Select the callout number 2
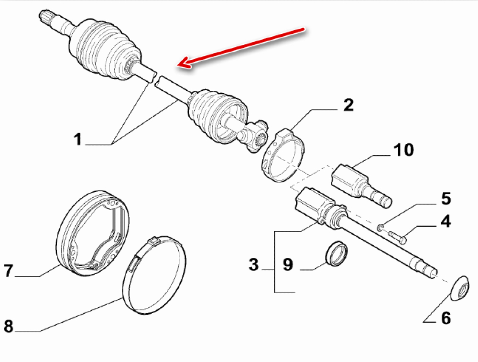pyautogui.click(x=348, y=105)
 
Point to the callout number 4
pyautogui.click(x=445, y=221)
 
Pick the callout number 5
pyautogui.click(x=445, y=197)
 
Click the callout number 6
pyautogui.click(x=445, y=318)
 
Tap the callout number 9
pyautogui.click(x=287, y=264)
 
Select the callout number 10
pyautogui.click(x=403, y=150)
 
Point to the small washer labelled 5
pyautogui.click(x=380, y=227)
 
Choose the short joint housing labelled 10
pyautogui.click(x=359, y=184)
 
